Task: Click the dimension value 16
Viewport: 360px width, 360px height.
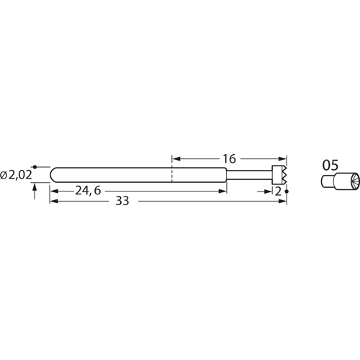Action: [228, 157]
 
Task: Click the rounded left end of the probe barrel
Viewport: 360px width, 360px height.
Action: [53, 174]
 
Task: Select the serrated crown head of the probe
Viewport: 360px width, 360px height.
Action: [280, 174]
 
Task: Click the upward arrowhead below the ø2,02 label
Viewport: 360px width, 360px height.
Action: [35, 186]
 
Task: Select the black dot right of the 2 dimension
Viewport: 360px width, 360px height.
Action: [287, 192]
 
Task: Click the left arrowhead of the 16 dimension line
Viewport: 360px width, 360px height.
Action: [175, 158]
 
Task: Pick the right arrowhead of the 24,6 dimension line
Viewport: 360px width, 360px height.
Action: [223, 192]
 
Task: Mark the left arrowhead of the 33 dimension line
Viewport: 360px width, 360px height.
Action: [53, 202]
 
